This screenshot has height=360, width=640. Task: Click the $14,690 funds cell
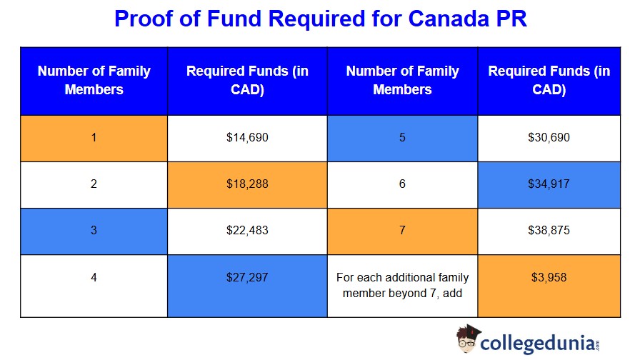(x=247, y=137)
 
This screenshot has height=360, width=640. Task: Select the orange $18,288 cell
(x=247, y=184)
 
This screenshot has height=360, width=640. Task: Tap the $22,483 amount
(x=247, y=230)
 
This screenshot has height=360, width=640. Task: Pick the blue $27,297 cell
(x=247, y=276)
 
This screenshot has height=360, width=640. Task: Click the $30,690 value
(x=549, y=137)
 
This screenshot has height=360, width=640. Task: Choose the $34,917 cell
(x=549, y=184)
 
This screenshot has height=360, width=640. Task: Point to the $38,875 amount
(x=549, y=230)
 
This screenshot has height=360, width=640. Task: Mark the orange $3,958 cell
(x=549, y=276)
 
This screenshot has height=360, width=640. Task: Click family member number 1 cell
(x=94, y=137)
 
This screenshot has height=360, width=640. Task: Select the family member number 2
(x=94, y=184)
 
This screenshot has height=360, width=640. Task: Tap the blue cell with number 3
(x=94, y=230)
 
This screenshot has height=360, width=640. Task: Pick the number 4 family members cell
(x=94, y=276)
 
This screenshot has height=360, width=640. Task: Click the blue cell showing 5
(x=402, y=137)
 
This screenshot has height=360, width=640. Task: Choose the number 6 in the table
(x=402, y=184)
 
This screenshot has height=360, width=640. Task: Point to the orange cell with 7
(x=402, y=230)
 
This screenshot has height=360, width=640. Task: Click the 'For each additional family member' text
(x=402, y=284)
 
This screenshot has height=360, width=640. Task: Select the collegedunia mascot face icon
(x=467, y=339)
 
